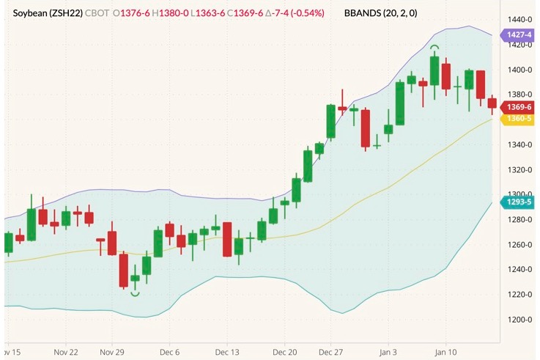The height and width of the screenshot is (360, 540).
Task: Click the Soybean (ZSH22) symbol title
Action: [x=48, y=13]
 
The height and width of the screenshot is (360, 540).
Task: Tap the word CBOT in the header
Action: [x=100, y=13]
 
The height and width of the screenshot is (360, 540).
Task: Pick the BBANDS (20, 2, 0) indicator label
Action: [x=382, y=13]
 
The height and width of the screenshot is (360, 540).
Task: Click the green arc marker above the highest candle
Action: [x=434, y=48]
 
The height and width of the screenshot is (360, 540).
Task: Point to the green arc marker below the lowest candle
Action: [x=135, y=293]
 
